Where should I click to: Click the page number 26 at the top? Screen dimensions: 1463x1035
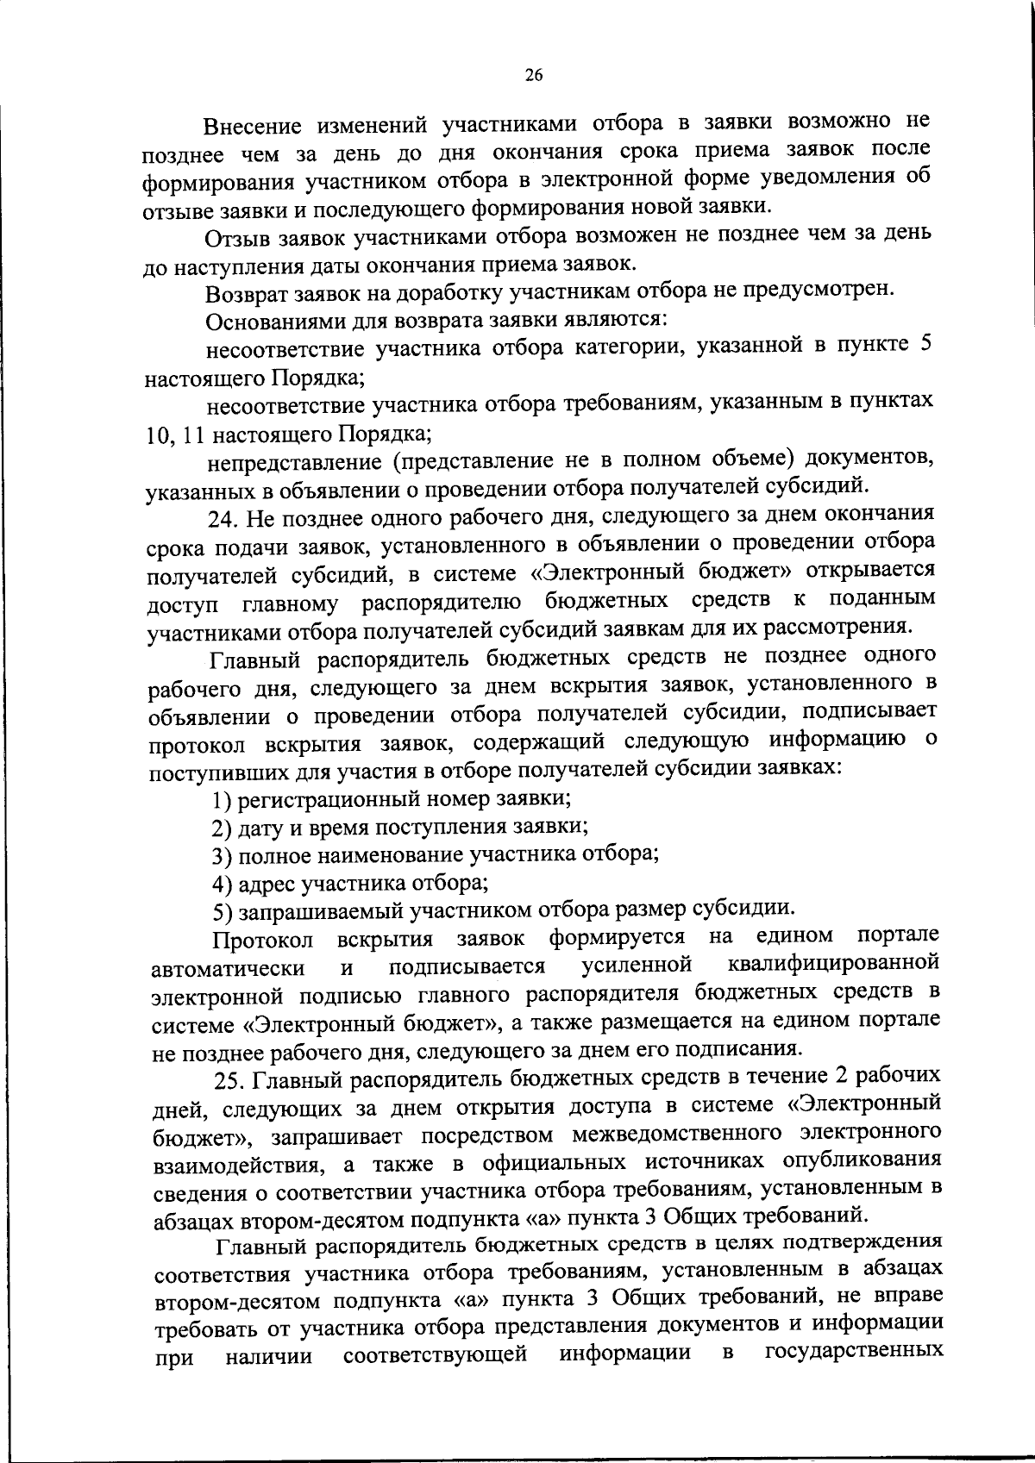533,76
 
